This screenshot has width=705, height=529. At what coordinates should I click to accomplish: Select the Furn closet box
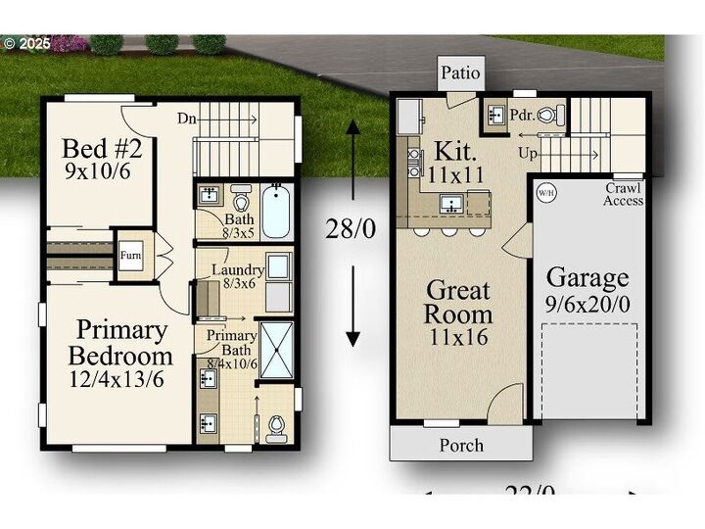click(x=130, y=256)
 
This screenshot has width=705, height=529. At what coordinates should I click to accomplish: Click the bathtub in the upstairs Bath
click(x=276, y=211)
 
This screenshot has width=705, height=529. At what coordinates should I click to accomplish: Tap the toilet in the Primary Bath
click(x=277, y=425)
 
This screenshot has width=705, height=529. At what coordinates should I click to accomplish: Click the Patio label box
click(x=460, y=72)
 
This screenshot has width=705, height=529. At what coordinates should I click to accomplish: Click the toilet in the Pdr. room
click(x=556, y=115)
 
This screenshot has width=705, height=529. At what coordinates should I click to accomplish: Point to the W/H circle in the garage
click(x=544, y=193)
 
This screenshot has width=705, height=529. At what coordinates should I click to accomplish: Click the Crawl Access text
click(x=623, y=194)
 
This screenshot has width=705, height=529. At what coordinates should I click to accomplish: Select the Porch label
click(x=460, y=445)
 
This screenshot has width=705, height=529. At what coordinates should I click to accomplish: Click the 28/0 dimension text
click(x=352, y=229)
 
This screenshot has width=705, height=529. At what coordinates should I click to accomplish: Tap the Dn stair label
click(x=187, y=119)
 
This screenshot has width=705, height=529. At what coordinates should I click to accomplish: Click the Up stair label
click(x=528, y=154)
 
